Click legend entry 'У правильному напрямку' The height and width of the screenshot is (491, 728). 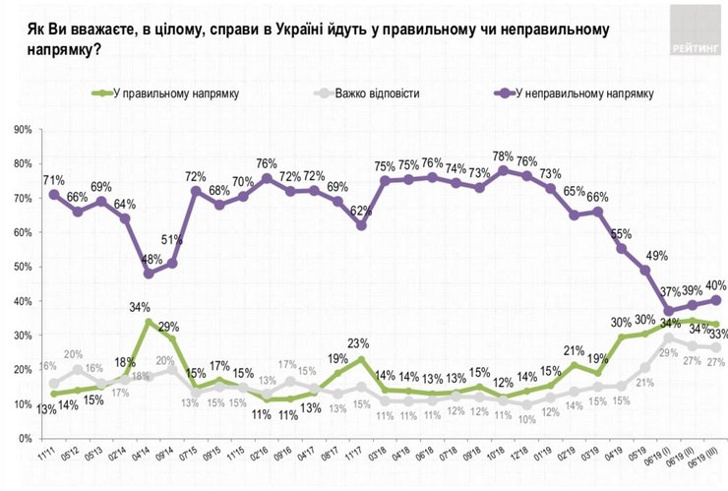(x=176, y=93)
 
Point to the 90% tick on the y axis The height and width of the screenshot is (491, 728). (x=22, y=129)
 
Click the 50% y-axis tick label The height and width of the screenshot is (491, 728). (x=22, y=267)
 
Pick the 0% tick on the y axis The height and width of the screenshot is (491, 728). (x=25, y=404)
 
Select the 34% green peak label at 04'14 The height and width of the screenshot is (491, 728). (x=149, y=306)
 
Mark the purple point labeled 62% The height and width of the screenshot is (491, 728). (x=362, y=225)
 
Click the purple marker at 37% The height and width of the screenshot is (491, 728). (x=669, y=312)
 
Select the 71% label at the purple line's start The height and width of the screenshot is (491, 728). (x=54, y=179)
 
